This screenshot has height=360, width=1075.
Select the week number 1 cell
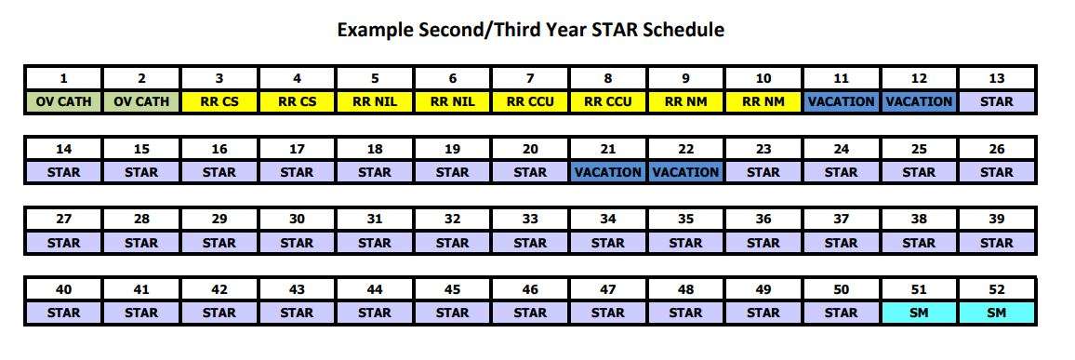tap(63, 78)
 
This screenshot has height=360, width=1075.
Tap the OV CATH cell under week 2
tap(141, 101)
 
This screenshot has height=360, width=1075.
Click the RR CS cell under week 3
tap(219, 101)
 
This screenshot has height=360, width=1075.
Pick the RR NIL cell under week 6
tap(453, 101)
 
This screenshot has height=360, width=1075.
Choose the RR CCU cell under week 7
tap(530, 101)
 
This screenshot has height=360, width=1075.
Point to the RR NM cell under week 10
tap(763, 101)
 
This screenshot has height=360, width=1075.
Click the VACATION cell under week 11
tap(842, 101)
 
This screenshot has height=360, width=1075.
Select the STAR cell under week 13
tap(997, 101)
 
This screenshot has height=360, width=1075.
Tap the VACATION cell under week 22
tap(685, 172)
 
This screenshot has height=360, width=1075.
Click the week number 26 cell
tap(997, 149)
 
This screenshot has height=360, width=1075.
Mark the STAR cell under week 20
tap(530, 172)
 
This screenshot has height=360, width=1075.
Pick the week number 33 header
tap(530, 220)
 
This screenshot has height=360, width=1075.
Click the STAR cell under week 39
tap(997, 243)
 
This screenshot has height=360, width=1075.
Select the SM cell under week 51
tap(919, 313)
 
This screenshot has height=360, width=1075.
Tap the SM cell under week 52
tap(997, 313)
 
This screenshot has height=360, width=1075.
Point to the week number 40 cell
tap(63, 290)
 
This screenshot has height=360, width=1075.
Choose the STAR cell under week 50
tap(842, 313)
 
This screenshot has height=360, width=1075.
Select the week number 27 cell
tap(63, 220)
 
